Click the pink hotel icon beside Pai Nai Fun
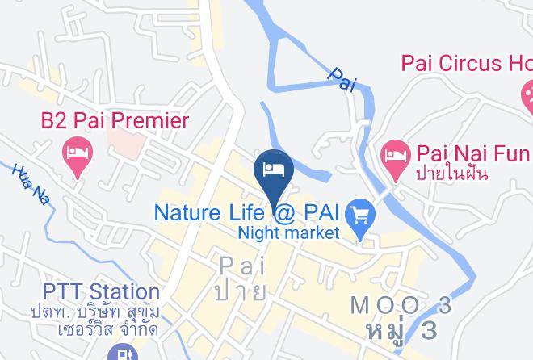click(395, 152)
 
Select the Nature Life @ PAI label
click(246, 213)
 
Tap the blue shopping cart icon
click(358, 215)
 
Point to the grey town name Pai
click(242, 265)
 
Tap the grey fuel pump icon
click(122, 352)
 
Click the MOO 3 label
click(401, 306)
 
